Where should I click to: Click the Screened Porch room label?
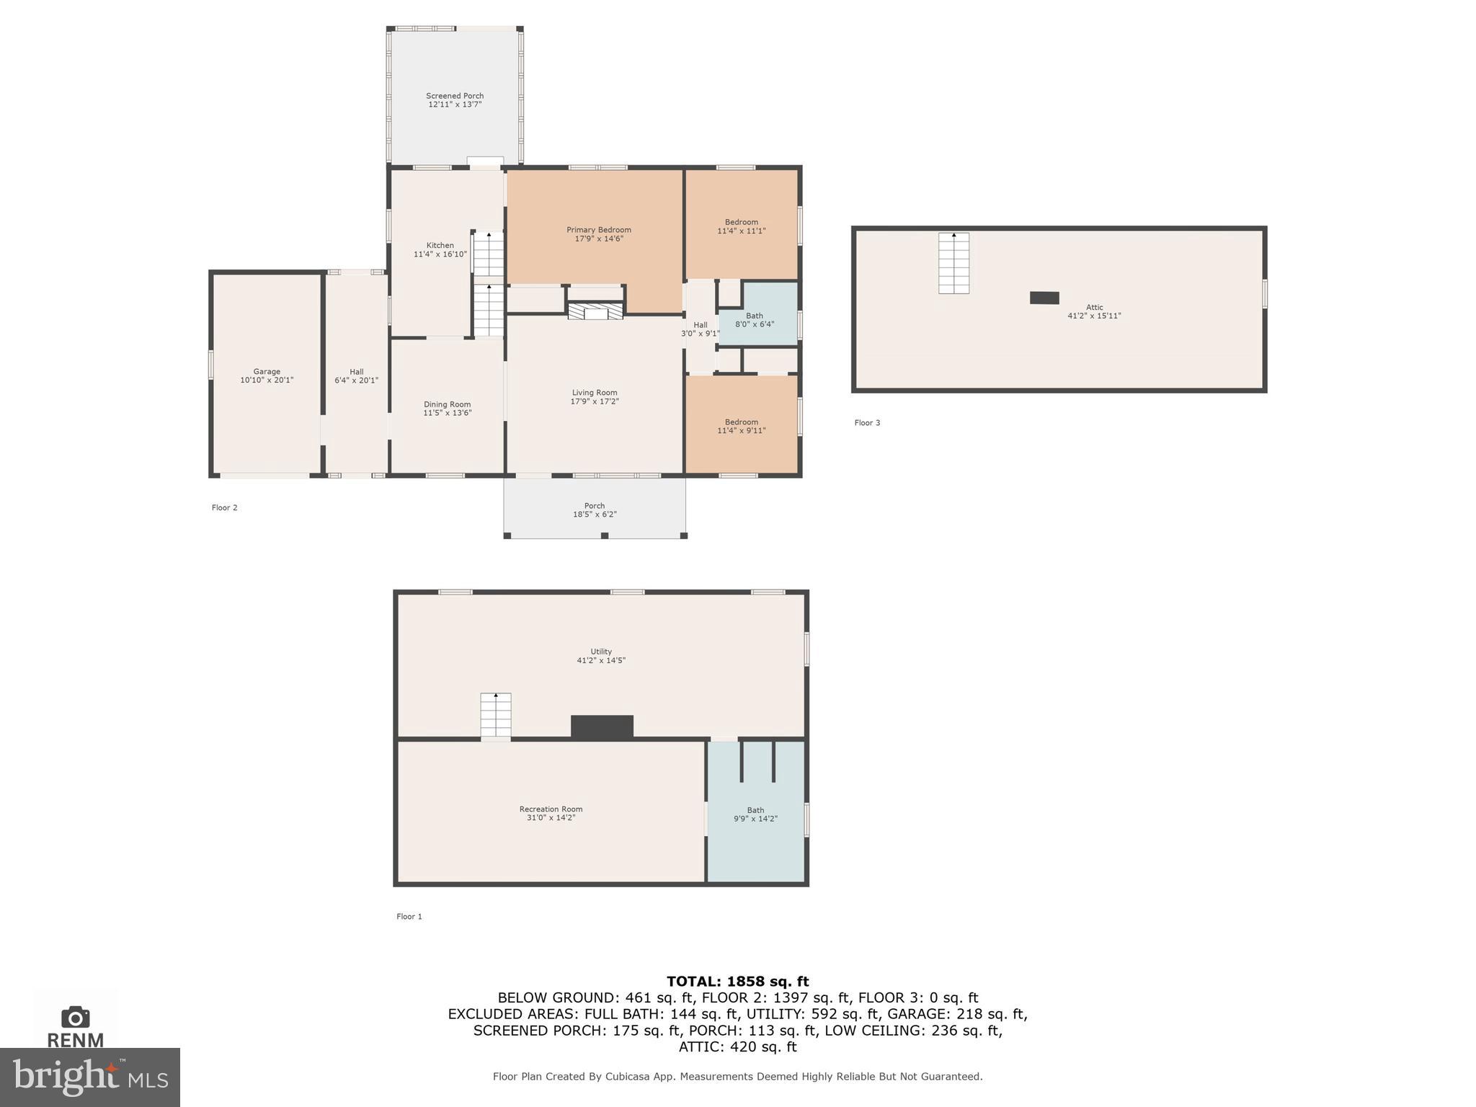(x=454, y=96)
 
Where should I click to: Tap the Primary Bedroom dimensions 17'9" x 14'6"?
(x=598, y=239)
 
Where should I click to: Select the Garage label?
(x=267, y=372)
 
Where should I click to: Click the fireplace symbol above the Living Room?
(x=595, y=311)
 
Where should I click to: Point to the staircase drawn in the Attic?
(x=953, y=263)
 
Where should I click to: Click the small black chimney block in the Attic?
(x=1044, y=298)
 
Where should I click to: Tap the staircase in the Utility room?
(x=496, y=715)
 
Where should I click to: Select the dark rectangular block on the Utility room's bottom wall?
(x=602, y=726)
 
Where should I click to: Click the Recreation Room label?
(x=551, y=809)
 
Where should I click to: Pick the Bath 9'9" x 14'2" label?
(x=755, y=814)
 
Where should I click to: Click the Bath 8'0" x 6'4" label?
(x=755, y=320)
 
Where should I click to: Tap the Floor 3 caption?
(x=867, y=423)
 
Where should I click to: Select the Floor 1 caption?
(x=409, y=917)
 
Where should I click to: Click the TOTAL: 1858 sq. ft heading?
(x=737, y=981)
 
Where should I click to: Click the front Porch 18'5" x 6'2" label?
(x=595, y=510)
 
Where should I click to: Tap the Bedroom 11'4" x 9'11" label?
(x=741, y=426)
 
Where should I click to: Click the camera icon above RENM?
(x=76, y=1017)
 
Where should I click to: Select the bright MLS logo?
(x=90, y=1077)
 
